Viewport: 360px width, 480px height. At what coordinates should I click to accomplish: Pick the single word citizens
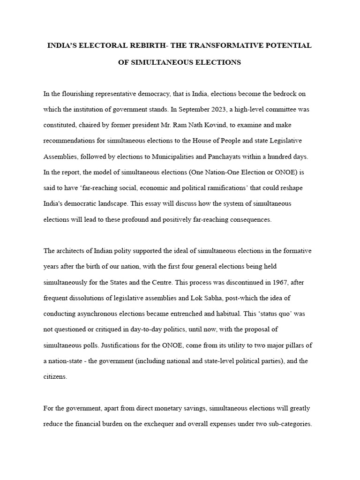point(55,377)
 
